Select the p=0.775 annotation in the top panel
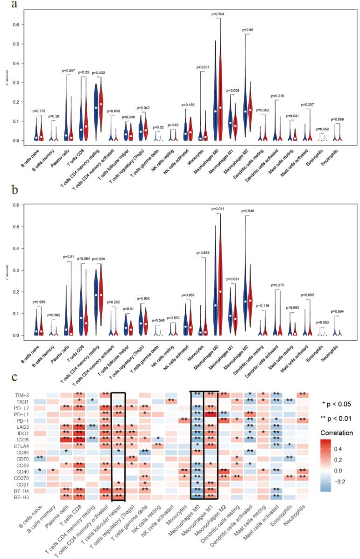click(x=40, y=111)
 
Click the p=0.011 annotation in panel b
click(x=219, y=209)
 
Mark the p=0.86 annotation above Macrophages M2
click(x=247, y=30)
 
